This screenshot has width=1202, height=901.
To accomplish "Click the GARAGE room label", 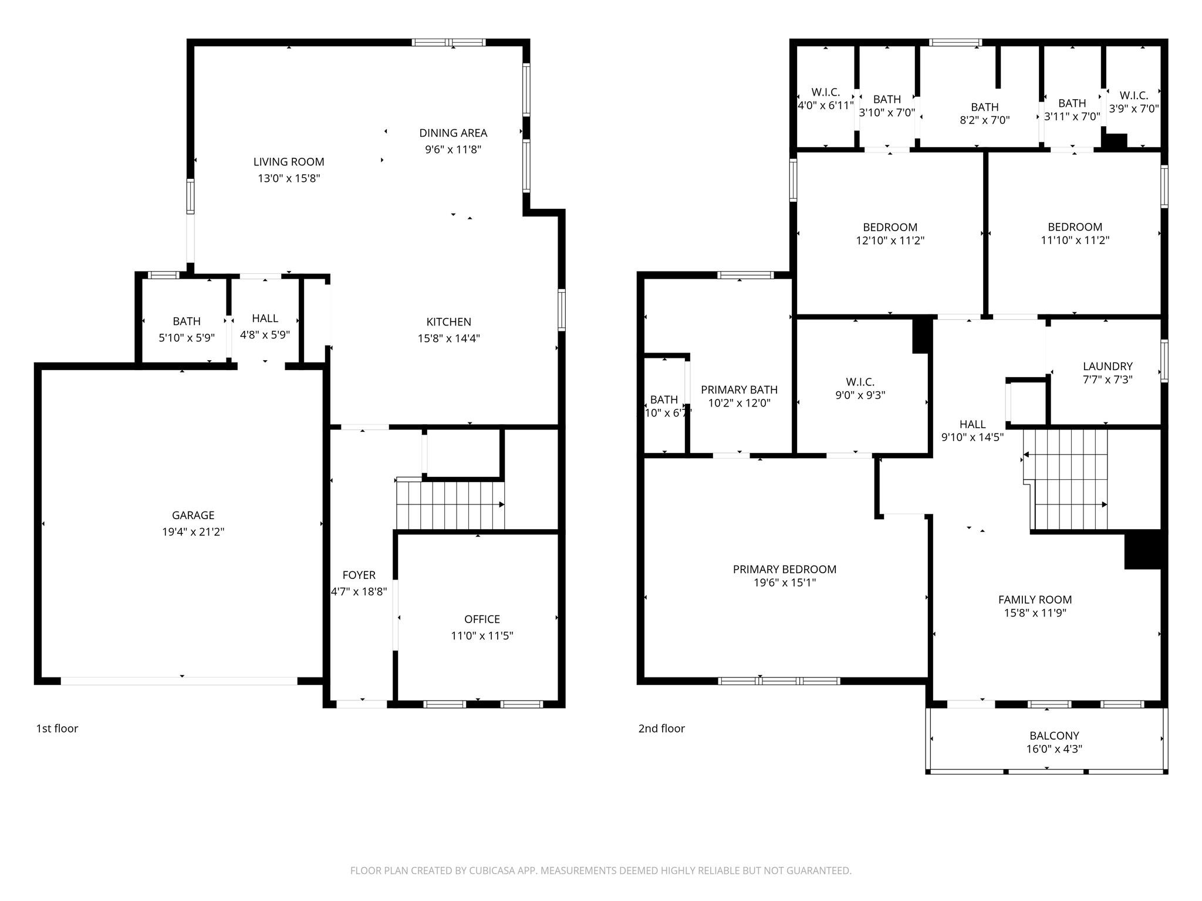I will click(193, 515).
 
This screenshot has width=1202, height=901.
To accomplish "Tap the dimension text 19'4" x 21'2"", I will click(193, 532).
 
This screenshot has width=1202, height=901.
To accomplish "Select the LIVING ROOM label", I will click(288, 162).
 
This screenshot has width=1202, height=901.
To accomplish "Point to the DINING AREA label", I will click(453, 133).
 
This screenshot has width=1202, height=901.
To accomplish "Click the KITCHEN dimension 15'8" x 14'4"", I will click(448, 338).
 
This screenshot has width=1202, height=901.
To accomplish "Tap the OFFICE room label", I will click(482, 619).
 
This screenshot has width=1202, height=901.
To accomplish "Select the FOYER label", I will click(359, 575).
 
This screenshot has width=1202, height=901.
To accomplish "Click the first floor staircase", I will click(450, 504).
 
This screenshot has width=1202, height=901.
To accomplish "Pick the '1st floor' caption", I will click(57, 729).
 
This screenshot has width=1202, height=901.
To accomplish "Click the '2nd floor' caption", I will click(661, 729).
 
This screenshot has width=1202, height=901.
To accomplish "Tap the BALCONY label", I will click(1054, 736).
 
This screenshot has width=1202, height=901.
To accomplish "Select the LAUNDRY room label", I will click(1107, 367).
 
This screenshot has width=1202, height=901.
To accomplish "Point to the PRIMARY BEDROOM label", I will click(784, 569).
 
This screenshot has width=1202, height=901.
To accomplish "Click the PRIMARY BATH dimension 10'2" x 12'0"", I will click(739, 403).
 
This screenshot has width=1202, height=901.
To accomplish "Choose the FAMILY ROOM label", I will click(1035, 599).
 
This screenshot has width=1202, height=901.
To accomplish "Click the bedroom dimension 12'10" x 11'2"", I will click(890, 241).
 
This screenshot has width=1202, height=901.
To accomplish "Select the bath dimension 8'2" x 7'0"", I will click(984, 120).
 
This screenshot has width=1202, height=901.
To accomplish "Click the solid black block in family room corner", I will click(1142, 550).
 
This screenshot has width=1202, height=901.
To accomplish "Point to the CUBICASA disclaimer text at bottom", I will click(600, 870).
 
